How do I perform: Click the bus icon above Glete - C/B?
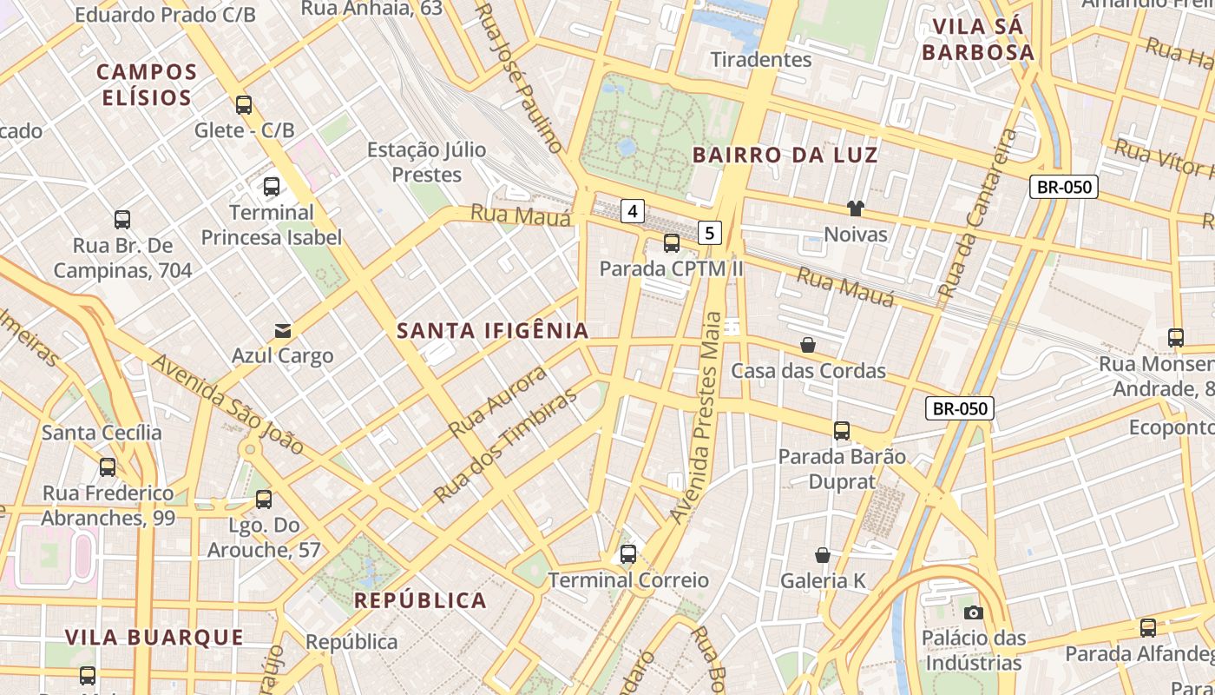(244, 105)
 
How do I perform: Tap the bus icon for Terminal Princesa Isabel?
(272, 186)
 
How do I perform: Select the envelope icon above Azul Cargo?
(283, 330)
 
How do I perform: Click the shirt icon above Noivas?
(856, 208)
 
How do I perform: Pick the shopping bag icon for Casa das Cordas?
(808, 345)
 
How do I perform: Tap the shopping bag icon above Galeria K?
(823, 554)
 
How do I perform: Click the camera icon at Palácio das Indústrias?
(973, 612)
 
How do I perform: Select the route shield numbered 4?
(634, 210)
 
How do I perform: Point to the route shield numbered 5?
(710, 233)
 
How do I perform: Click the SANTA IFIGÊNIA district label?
(493, 330)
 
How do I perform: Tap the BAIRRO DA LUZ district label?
(785, 156)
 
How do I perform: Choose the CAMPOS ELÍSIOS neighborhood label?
(147, 84)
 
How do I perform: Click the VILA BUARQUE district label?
(154, 637)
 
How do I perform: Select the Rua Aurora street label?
(499, 401)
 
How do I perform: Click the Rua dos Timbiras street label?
(505, 446)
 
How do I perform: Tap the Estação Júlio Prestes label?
(426, 162)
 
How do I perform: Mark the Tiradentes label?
(761, 59)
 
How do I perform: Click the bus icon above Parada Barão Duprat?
(841, 430)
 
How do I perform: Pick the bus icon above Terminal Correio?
(628, 553)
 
